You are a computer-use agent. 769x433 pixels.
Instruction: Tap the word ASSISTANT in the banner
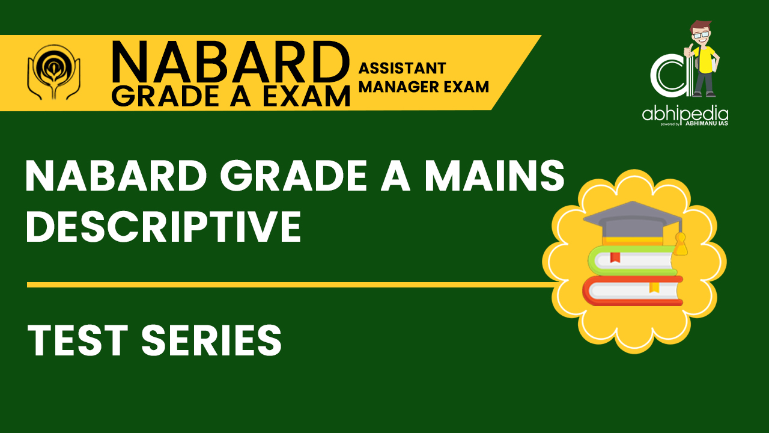point(402,68)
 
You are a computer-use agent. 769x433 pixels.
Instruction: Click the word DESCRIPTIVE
point(163,227)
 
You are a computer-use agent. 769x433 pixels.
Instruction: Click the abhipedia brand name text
point(685,114)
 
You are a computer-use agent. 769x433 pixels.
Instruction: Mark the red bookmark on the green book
point(615,258)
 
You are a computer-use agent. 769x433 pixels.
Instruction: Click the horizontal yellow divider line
point(288,284)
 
